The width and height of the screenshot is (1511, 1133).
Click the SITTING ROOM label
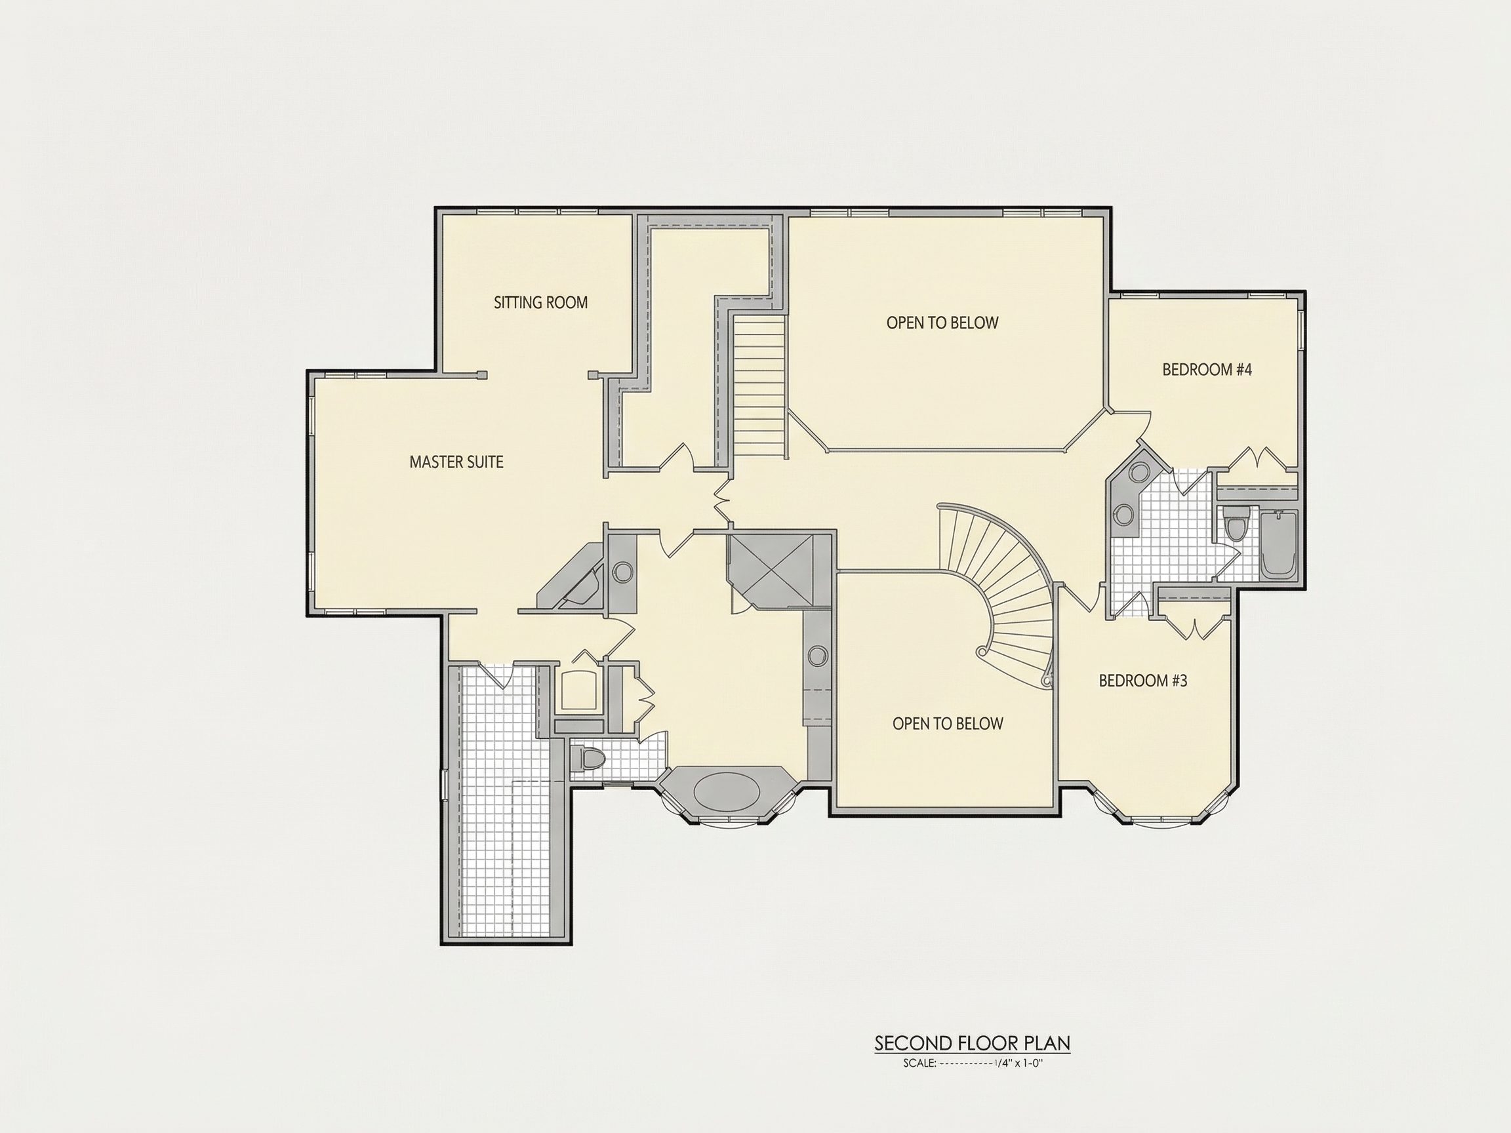point(540,302)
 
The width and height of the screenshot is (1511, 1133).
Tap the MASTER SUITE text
point(456,462)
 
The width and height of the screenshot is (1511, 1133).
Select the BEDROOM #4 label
point(1207,370)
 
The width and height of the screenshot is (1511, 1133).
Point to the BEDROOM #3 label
point(1143,681)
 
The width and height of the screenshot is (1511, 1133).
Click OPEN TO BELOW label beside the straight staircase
point(942,323)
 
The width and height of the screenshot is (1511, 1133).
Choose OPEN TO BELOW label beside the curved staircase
point(948,724)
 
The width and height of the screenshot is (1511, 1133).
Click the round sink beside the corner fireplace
point(622,572)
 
